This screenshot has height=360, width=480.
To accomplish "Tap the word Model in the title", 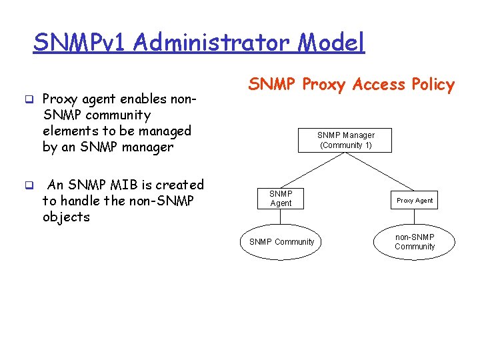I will pos(331,43).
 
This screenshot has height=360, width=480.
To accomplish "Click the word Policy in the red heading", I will pos(433,85).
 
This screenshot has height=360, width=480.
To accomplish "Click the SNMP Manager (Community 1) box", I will pos(345,140).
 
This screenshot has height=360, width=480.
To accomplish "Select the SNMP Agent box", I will pos(281,199).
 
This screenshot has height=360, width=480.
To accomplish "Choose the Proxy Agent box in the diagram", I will pos(415,200).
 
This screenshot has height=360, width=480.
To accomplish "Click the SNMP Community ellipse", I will pos(281,242).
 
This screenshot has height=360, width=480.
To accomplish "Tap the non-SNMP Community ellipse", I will pos(415,242).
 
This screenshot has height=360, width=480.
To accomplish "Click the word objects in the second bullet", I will pos(65,217).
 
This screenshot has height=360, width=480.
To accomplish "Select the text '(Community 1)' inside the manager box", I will pos(345,145).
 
